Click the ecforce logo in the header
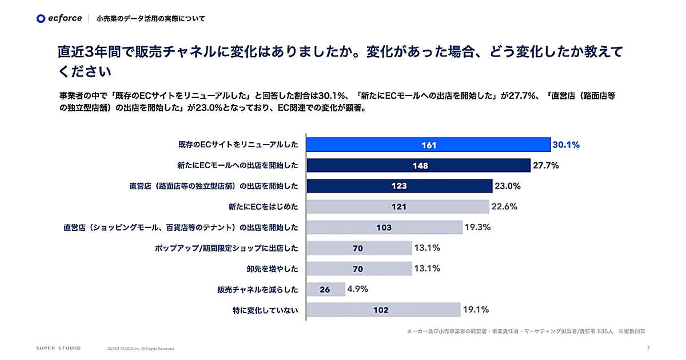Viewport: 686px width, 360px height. coord(59,18)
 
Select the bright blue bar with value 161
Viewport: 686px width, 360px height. coord(428,145)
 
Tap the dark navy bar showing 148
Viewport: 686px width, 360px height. coord(418,166)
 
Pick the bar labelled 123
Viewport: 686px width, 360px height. coord(399,186)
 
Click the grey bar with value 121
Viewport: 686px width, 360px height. coord(398,207)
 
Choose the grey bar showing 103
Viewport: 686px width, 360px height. coord(384,227)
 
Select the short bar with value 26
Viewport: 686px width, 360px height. coord(325,289)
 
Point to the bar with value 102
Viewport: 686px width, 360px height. coord(383,310)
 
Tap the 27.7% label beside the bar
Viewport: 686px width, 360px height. coord(545,166)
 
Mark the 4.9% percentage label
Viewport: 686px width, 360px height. coord(357,289)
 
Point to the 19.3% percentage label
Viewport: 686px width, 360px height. coord(477,227)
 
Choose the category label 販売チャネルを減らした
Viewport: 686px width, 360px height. coord(258,289)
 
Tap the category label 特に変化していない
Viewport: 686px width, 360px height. coord(262,310)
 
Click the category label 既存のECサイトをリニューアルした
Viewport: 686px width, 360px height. coord(238,145)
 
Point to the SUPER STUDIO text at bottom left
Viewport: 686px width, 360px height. coord(58,347)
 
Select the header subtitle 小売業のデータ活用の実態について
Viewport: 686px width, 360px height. coord(150,19)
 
